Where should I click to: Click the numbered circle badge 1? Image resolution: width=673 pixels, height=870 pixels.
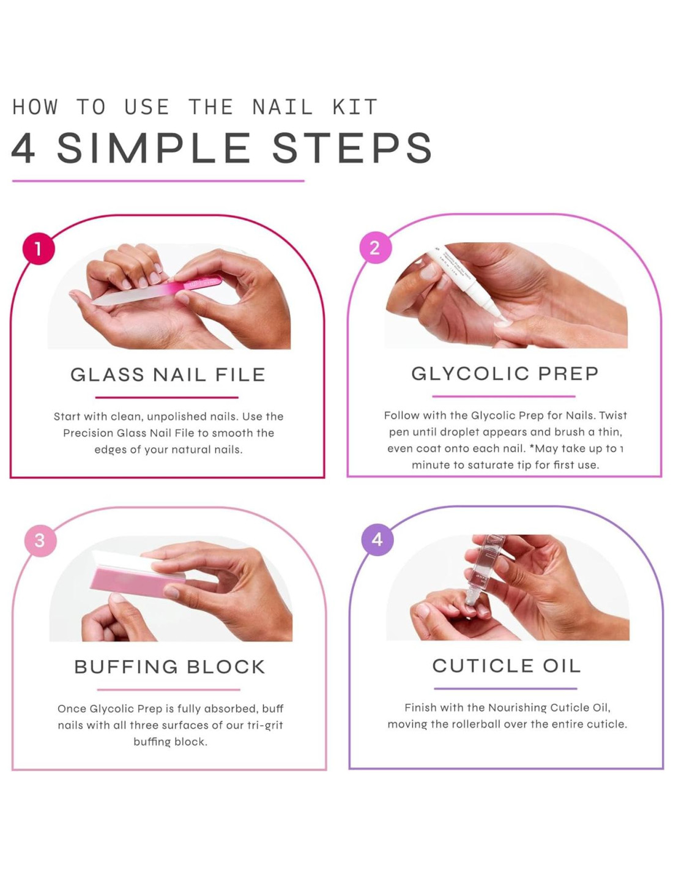[x=38, y=249]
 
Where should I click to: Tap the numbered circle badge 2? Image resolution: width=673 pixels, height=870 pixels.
[x=374, y=248]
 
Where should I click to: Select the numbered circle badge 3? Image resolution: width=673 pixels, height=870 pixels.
[x=40, y=540]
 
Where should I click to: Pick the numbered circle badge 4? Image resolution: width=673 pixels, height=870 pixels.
[x=377, y=540]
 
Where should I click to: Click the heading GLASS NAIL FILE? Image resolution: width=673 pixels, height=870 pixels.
[x=168, y=375]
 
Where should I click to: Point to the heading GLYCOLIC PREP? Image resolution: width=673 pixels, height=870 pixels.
[x=505, y=374]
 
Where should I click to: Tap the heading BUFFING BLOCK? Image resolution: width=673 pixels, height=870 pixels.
[x=169, y=667]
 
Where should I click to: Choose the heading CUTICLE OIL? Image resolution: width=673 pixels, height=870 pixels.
[x=507, y=666]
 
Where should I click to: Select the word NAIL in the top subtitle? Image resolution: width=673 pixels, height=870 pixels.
[x=283, y=107]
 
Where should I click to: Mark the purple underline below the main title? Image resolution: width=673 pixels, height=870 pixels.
[x=158, y=181]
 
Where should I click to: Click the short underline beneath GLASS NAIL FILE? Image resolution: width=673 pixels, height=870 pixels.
[x=166, y=398]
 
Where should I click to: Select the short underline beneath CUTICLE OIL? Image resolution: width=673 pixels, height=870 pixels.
[x=505, y=689]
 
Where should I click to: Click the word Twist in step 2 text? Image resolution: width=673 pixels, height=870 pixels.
[x=613, y=415]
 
